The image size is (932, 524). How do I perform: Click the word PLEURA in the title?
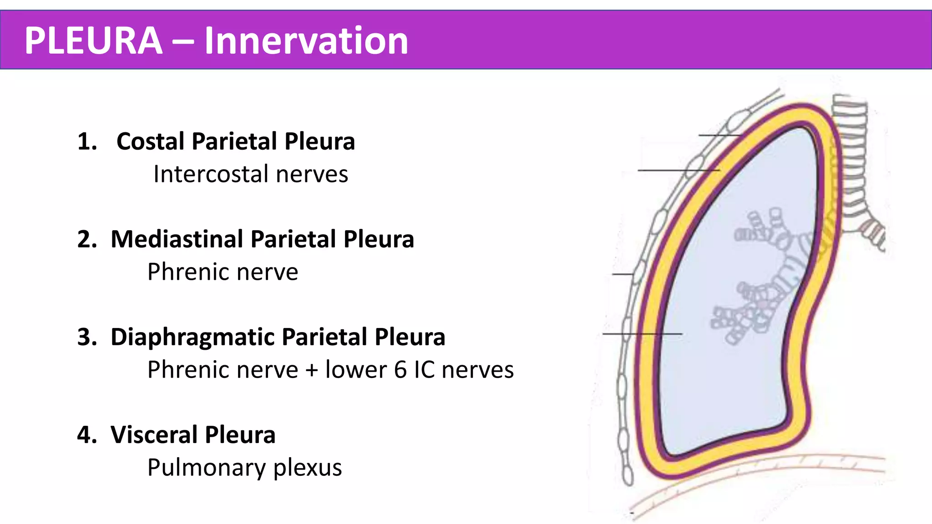coord(93,40)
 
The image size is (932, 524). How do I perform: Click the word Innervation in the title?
coord(306,40)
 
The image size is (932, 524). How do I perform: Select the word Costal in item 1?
coord(152,141)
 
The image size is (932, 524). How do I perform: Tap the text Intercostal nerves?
coord(250,174)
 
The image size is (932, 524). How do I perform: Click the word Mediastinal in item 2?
coord(177,239)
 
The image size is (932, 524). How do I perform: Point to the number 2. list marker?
coord(87,239)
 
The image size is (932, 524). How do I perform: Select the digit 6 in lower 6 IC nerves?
coord(400,370)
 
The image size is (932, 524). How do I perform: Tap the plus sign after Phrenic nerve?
coord(311,370)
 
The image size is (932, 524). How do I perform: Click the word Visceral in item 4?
coord(154,435)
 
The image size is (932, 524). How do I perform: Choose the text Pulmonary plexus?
coord(244,468)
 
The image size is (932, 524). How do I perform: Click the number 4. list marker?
coord(87,435)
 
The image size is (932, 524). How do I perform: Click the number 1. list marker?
coord(87,141)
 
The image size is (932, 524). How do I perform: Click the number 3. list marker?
coord(87,337)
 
